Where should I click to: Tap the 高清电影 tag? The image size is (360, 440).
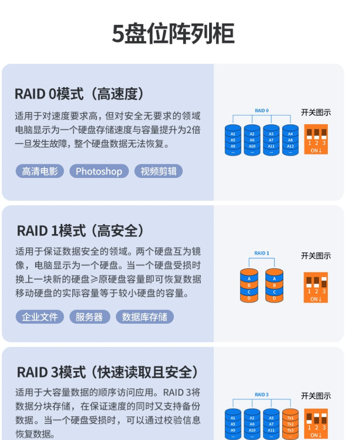click(40, 171)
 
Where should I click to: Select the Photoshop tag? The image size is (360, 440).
click(99, 171)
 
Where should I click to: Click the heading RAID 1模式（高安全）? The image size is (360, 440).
click(81, 230)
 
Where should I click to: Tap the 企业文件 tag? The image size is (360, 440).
click(40, 317)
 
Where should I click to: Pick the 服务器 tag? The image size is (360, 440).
click(89, 317)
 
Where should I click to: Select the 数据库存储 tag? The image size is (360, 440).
click(145, 317)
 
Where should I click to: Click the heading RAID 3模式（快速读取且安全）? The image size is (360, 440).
click(107, 372)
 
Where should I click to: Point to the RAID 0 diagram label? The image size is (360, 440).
click(262, 110)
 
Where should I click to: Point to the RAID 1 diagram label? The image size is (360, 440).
click(262, 253)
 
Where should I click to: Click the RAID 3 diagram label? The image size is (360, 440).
click(262, 395)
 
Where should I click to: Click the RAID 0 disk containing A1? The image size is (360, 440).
click(233, 140)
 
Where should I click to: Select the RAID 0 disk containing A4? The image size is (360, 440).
click(290, 140)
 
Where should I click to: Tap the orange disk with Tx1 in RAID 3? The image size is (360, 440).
click(290, 423)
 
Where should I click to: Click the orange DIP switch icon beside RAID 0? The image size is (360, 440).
click(316, 139)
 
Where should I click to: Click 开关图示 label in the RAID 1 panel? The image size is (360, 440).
click(316, 256)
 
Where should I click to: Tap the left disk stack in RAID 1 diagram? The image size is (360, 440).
click(249, 285)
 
